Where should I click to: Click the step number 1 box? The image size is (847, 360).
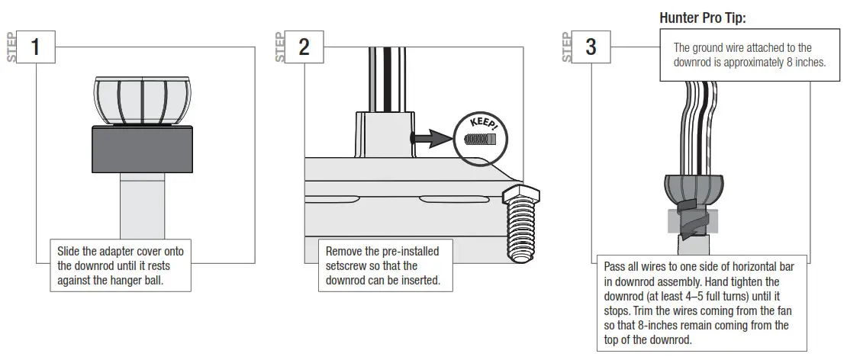tap(35, 47)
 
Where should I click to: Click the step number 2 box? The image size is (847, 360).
tap(304, 47)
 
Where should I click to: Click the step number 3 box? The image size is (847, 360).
tap(591, 47)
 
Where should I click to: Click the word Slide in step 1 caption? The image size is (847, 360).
tap(71, 251)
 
